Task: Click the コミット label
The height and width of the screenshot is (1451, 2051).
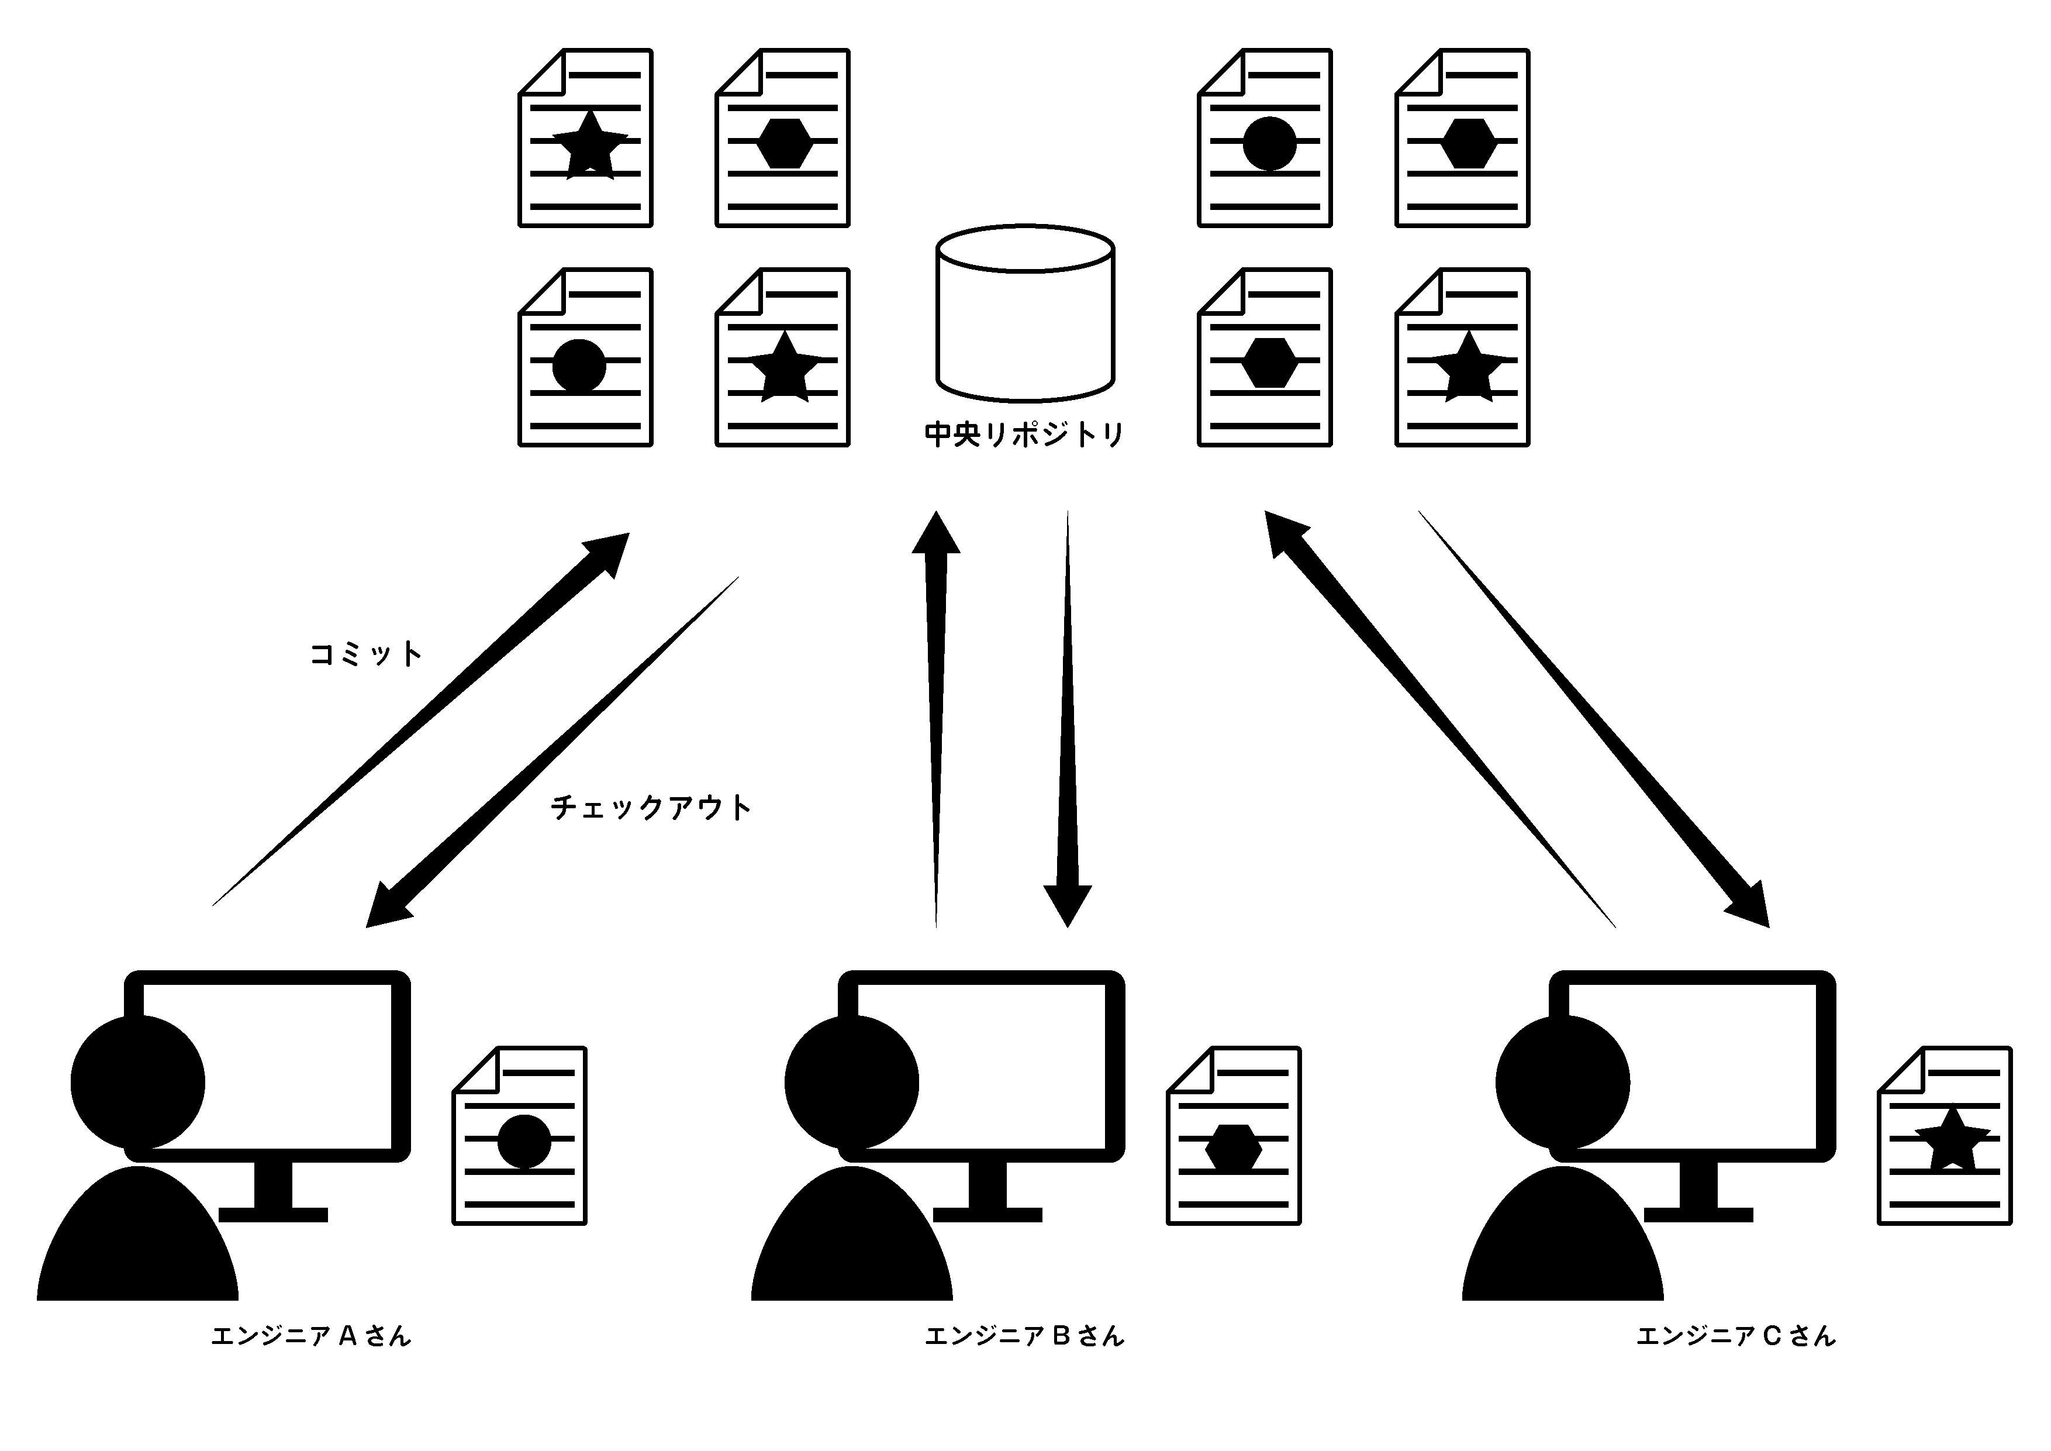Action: [365, 654]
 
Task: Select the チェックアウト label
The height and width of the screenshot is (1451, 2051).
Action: [650, 807]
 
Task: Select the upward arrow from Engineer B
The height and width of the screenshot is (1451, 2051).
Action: [936, 719]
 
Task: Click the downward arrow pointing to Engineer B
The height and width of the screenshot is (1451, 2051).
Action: [1068, 719]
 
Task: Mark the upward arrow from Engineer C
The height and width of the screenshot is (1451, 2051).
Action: [1440, 719]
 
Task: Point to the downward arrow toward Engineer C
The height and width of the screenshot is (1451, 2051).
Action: [1594, 719]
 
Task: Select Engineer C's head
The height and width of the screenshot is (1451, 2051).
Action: [1562, 1082]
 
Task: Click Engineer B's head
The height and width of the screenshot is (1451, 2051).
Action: [851, 1082]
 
